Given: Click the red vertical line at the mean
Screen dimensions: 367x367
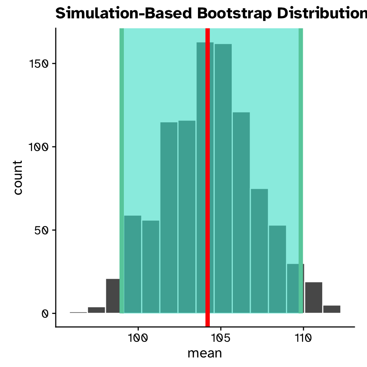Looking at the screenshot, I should click(x=208, y=172).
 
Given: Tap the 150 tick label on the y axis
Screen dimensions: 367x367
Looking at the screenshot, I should click(x=39, y=63).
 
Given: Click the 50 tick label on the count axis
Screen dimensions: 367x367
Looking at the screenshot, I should click(x=41, y=230).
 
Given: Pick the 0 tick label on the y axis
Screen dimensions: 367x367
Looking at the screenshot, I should click(x=45, y=313).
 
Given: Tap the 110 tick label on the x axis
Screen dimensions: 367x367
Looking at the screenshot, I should click(x=303, y=338).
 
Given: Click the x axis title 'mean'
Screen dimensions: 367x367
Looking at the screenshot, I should click(x=205, y=353).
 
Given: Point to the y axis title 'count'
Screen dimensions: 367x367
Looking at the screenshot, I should click(x=18, y=177).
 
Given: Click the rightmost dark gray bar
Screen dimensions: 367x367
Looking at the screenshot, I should click(x=331, y=309).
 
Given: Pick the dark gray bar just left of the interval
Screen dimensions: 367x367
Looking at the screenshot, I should click(x=113, y=296).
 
